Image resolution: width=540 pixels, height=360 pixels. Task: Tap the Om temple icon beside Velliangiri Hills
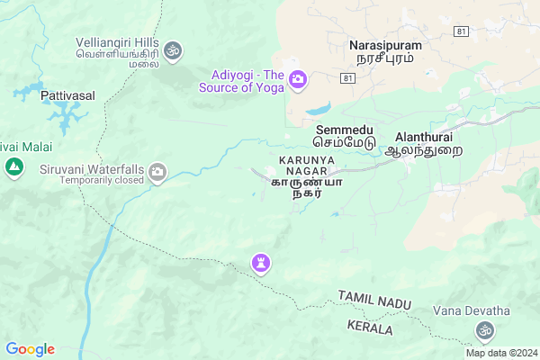point(174,49)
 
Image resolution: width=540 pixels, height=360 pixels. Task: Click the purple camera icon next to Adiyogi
point(297,82)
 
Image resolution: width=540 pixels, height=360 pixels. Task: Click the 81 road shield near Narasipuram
point(462,31)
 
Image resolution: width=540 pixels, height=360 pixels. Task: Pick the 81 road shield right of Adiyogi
point(347,79)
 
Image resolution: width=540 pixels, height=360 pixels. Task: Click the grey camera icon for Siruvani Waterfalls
point(158,171)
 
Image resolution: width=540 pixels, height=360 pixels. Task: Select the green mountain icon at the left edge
point(13,166)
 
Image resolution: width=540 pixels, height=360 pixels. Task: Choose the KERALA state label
point(369,328)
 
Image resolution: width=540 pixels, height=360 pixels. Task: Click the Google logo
point(30,349)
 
